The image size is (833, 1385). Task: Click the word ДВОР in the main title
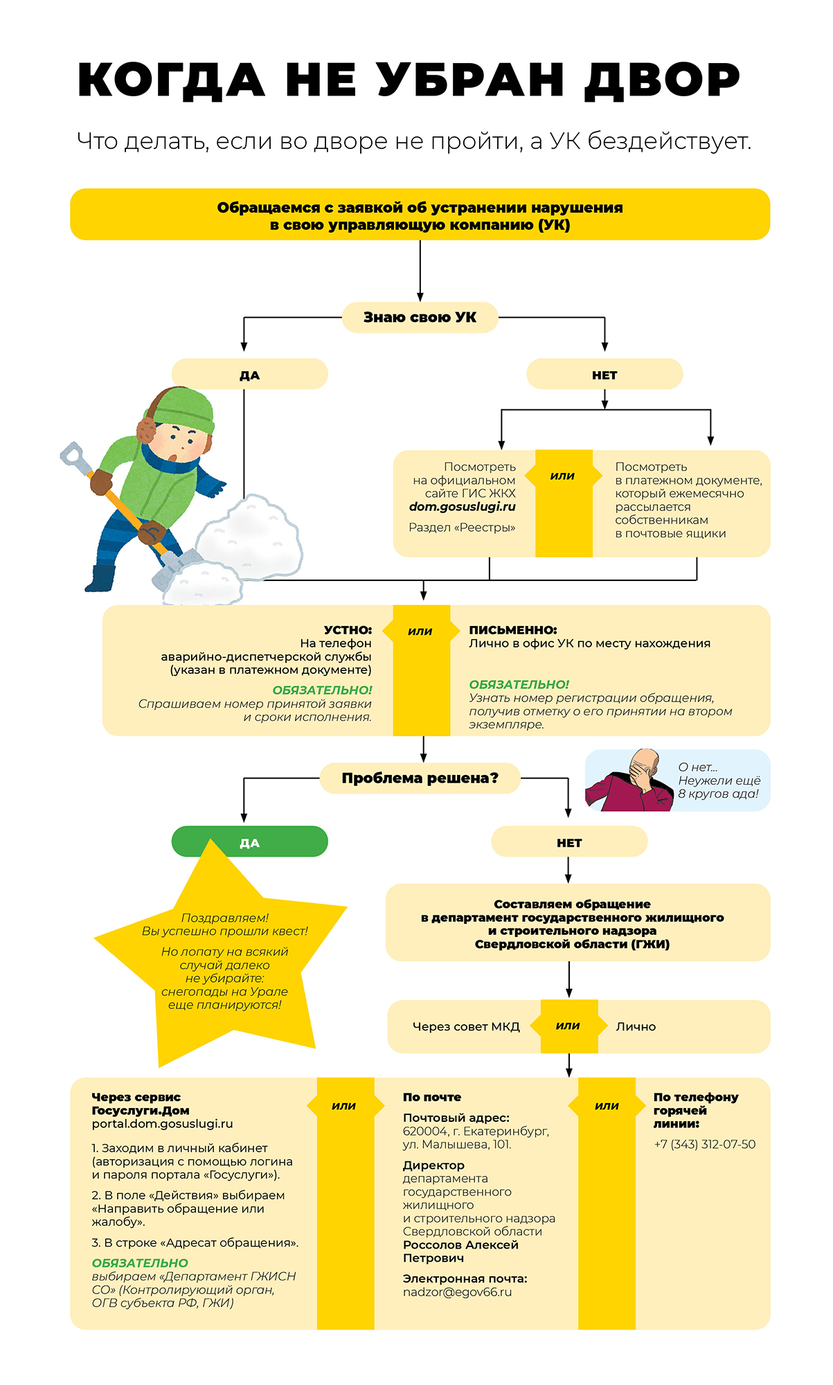[x=663, y=80]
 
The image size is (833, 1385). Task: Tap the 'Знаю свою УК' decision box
[x=420, y=317]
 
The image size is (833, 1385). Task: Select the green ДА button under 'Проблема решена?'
[x=249, y=842]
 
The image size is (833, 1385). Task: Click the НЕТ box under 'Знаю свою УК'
[x=604, y=375]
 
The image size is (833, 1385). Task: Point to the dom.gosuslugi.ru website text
[x=462, y=506]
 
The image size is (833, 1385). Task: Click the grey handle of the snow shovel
[x=71, y=456]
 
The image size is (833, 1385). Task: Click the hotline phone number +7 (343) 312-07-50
[x=704, y=1144]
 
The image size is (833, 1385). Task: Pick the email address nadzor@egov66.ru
[x=457, y=1292]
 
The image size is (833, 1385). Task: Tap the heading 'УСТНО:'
[x=348, y=629]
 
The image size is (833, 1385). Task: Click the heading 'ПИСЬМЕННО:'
[x=512, y=629]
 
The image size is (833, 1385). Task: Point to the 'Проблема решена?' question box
[x=420, y=778]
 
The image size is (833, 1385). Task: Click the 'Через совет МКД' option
[x=465, y=1026]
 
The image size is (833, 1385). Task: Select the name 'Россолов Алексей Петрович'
[x=460, y=1251]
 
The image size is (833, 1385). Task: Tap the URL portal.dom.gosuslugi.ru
[x=162, y=1123]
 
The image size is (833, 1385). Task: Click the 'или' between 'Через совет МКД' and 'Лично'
[x=568, y=1026]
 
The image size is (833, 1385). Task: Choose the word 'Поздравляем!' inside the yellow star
[x=224, y=918]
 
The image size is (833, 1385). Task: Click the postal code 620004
[x=424, y=1131]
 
